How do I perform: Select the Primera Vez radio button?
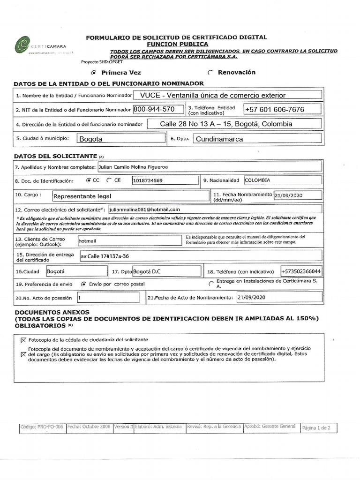tap(94, 73)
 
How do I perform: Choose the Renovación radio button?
tap(210, 72)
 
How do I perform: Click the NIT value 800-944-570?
tap(154, 109)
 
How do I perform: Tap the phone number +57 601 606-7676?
tap(274, 109)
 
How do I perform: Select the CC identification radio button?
tap(89, 180)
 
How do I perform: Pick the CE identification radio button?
tap(109, 180)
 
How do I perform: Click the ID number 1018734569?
tap(148, 180)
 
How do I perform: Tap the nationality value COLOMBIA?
tap(257, 180)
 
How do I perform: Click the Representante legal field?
tap(82, 197)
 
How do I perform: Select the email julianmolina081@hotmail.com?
tap(145, 210)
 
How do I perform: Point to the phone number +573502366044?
tap(301, 272)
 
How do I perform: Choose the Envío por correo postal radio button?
tap(84, 284)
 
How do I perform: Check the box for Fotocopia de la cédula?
tap(24, 340)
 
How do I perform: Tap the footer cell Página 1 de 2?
tap(316, 427)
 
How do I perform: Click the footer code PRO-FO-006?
tap(42, 427)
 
